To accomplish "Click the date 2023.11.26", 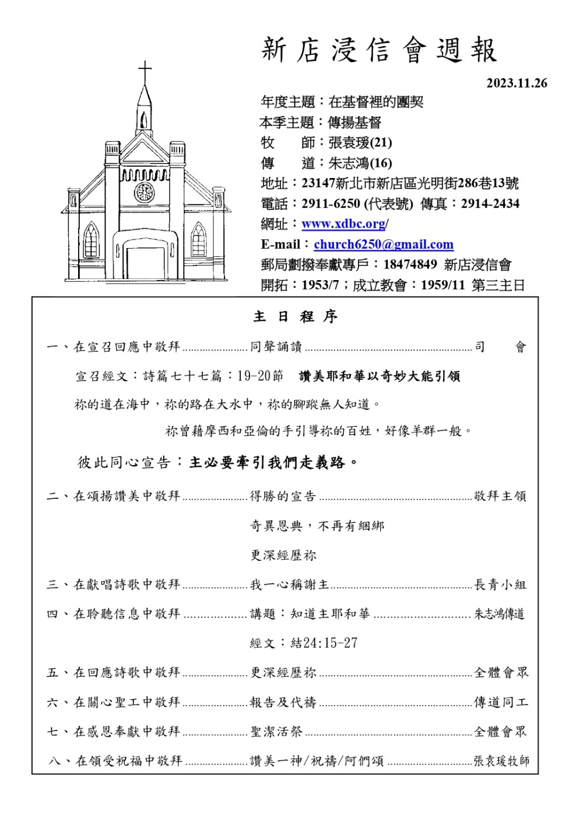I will (517, 83).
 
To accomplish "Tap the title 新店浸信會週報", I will (379, 50).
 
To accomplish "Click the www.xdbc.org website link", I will (343, 224).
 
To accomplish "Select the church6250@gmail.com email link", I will (383, 245).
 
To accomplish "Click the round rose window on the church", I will (144, 192).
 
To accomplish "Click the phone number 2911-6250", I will (331, 204).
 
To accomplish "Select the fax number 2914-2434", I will (490, 204).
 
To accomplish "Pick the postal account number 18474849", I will (410, 265).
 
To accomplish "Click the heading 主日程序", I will (295, 317).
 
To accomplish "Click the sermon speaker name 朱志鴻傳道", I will (500, 614).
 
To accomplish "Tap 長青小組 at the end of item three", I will (500, 585).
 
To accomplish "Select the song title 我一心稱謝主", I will (289, 585).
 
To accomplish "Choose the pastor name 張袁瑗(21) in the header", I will (360, 142).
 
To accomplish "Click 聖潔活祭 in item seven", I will (276, 731).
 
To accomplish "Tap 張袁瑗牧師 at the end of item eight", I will (501, 761).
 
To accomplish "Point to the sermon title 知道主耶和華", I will (330, 614).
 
